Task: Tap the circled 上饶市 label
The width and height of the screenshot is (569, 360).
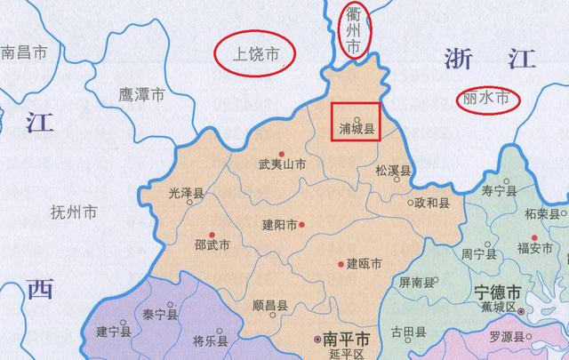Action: click(x=256, y=54)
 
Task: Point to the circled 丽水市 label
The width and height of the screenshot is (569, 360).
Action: click(x=488, y=100)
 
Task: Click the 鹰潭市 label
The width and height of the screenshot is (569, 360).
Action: click(x=141, y=94)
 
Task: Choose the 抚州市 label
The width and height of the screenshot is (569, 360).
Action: click(x=74, y=212)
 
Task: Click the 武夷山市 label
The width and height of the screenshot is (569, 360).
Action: click(x=282, y=164)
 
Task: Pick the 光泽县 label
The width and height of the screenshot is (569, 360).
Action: click(x=187, y=192)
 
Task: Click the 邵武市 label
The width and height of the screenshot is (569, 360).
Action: click(x=212, y=244)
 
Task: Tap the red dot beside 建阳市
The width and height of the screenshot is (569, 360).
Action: click(x=302, y=225)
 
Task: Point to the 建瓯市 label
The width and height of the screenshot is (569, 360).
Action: click(x=364, y=263)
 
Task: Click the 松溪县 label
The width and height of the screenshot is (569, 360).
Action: click(x=392, y=170)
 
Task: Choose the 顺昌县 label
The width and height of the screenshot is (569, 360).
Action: click(x=269, y=304)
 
